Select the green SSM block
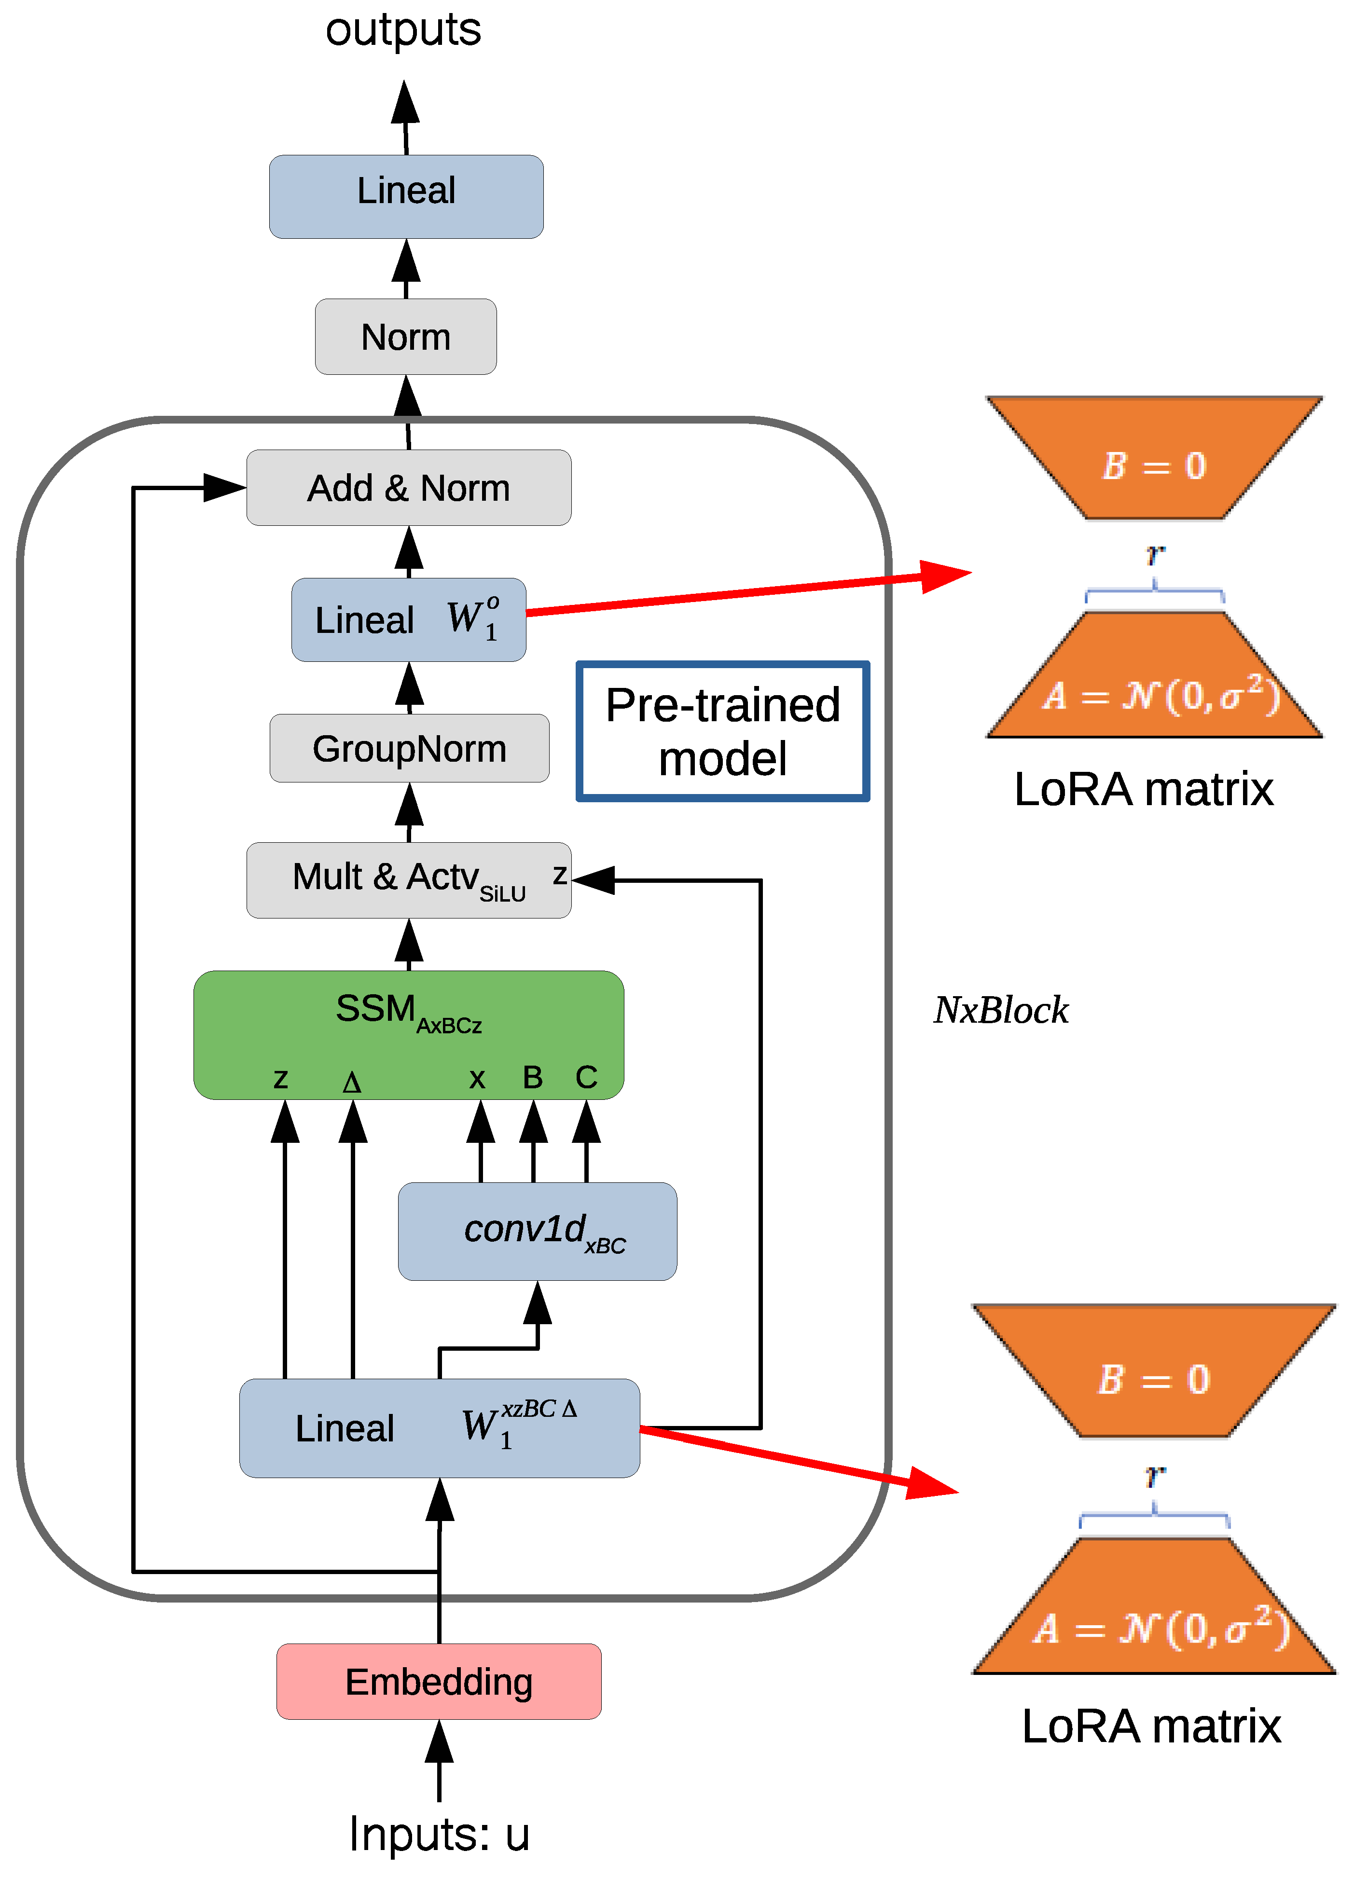click(x=409, y=1035)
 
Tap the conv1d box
click(x=538, y=1231)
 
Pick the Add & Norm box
click(x=409, y=488)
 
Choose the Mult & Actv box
click(x=409, y=880)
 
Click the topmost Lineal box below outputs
click(x=407, y=197)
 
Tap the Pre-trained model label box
click(x=723, y=731)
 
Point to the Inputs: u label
click(x=439, y=1835)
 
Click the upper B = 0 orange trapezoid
click(x=1154, y=458)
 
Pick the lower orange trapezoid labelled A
click(x=1154, y=1605)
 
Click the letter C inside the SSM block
click(x=586, y=1077)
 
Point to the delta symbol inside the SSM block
click(x=352, y=1082)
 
